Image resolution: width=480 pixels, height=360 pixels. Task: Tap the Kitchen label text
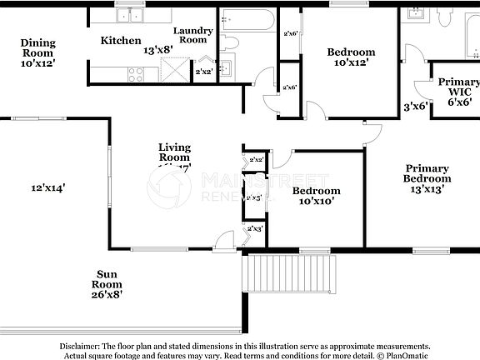[x=120, y=40]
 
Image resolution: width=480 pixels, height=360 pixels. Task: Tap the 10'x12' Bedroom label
[x=351, y=52]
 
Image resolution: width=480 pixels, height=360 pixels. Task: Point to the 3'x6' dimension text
[x=414, y=107]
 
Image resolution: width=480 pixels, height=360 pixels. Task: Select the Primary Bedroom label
[x=427, y=173]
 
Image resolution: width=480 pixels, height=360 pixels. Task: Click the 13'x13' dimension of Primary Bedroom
[x=427, y=188]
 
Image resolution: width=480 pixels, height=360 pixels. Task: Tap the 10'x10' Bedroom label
[x=316, y=191]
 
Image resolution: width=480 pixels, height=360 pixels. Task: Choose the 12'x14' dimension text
[x=48, y=188]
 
